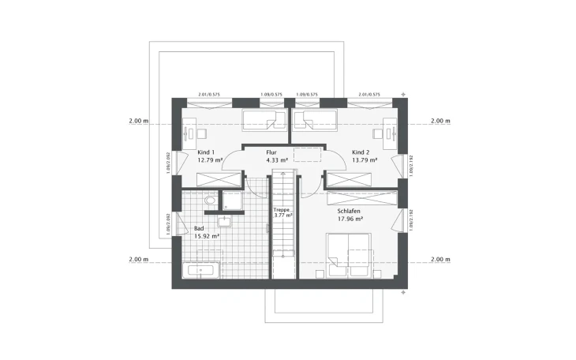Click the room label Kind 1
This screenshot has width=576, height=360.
click(206, 152)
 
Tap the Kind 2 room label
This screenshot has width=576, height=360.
click(361, 152)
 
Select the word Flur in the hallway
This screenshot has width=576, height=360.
click(272, 152)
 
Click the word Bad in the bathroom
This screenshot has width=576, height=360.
click(198, 228)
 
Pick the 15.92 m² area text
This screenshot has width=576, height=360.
click(206, 236)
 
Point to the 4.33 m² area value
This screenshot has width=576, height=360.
click(276, 160)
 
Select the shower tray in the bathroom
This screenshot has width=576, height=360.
click(234, 201)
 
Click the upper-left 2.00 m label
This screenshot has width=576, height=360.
click(138, 122)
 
